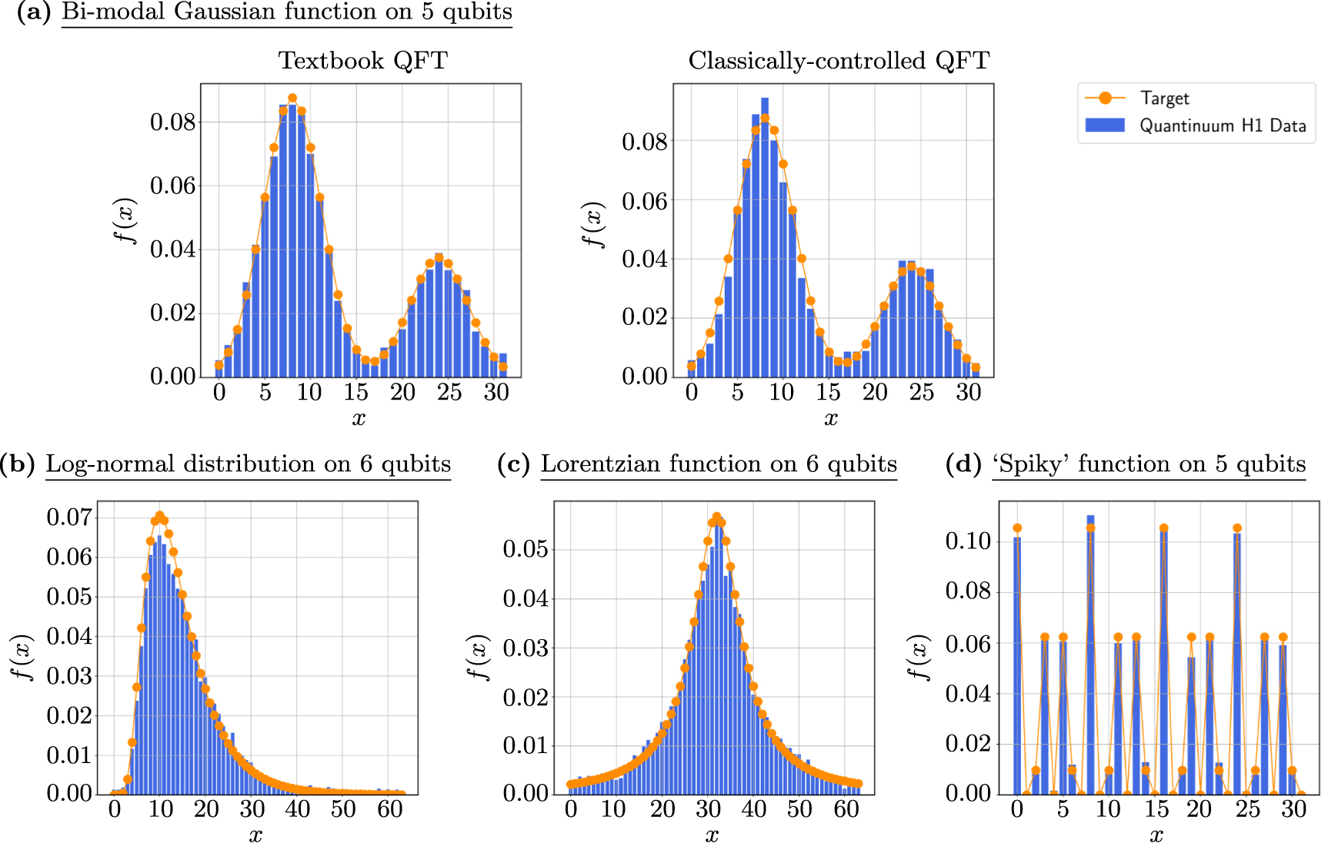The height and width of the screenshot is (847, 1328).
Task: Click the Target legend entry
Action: tap(1164, 99)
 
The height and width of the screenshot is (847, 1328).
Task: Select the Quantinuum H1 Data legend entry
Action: tap(1222, 126)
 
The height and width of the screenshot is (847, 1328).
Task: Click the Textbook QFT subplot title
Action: tap(362, 61)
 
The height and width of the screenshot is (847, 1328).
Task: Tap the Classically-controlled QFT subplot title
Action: tap(838, 61)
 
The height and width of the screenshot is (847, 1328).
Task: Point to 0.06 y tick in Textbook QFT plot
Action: tap(172, 186)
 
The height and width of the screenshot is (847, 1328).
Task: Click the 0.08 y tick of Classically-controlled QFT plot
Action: tap(645, 142)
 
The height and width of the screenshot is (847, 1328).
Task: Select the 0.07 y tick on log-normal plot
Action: tap(69, 517)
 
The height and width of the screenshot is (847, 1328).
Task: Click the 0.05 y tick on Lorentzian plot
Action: tap(526, 549)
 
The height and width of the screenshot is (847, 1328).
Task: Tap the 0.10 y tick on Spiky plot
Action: tap(968, 541)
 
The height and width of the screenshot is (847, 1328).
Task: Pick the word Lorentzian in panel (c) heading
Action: tap(601, 464)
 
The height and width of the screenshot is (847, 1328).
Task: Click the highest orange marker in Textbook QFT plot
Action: tap(292, 99)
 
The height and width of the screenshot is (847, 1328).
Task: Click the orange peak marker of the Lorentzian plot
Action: tap(716, 517)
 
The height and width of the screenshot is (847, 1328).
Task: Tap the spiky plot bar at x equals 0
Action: tap(1017, 662)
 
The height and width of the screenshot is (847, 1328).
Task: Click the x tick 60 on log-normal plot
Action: tap(390, 809)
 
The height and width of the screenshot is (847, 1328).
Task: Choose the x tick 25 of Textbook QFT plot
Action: tap(449, 393)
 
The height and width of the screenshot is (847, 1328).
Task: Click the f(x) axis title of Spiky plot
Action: tap(919, 658)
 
